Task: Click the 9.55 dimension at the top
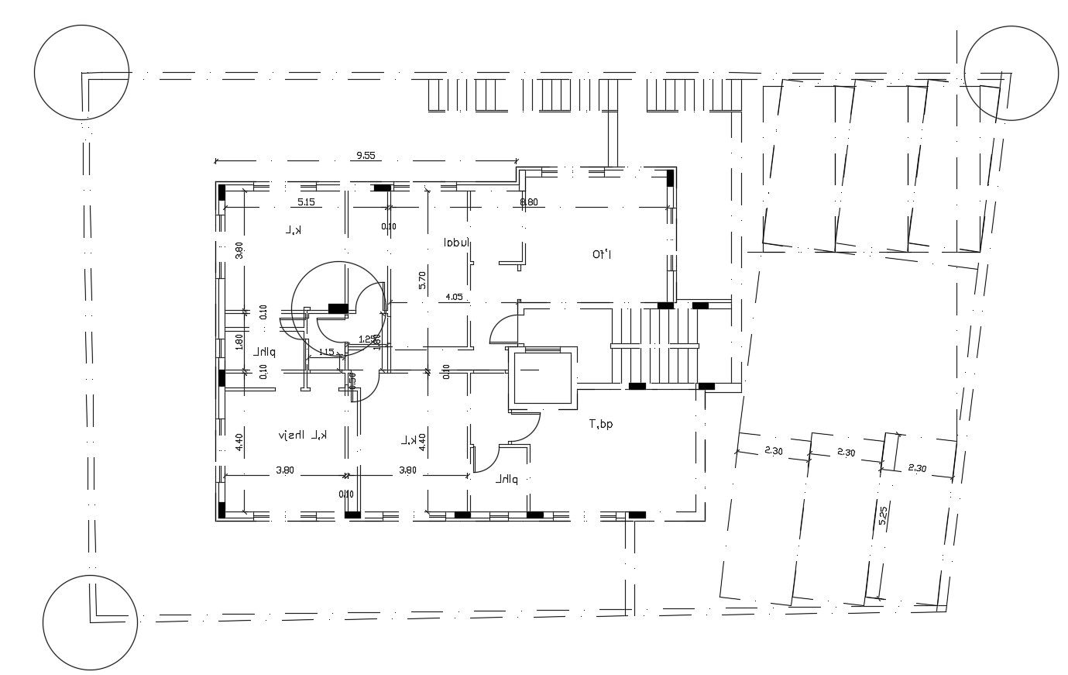[x=365, y=155]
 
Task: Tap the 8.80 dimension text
[x=529, y=202]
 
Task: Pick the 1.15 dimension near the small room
[x=326, y=352]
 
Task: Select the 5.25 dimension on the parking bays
[x=882, y=517]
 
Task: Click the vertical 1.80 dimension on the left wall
[x=239, y=342]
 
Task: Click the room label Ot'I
[x=603, y=253]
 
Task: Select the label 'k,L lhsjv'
[x=303, y=436]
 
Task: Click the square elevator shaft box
[x=540, y=377]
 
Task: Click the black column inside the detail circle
[x=338, y=308]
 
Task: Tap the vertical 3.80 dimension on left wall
[x=239, y=250]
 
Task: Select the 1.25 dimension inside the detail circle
[x=368, y=339]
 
